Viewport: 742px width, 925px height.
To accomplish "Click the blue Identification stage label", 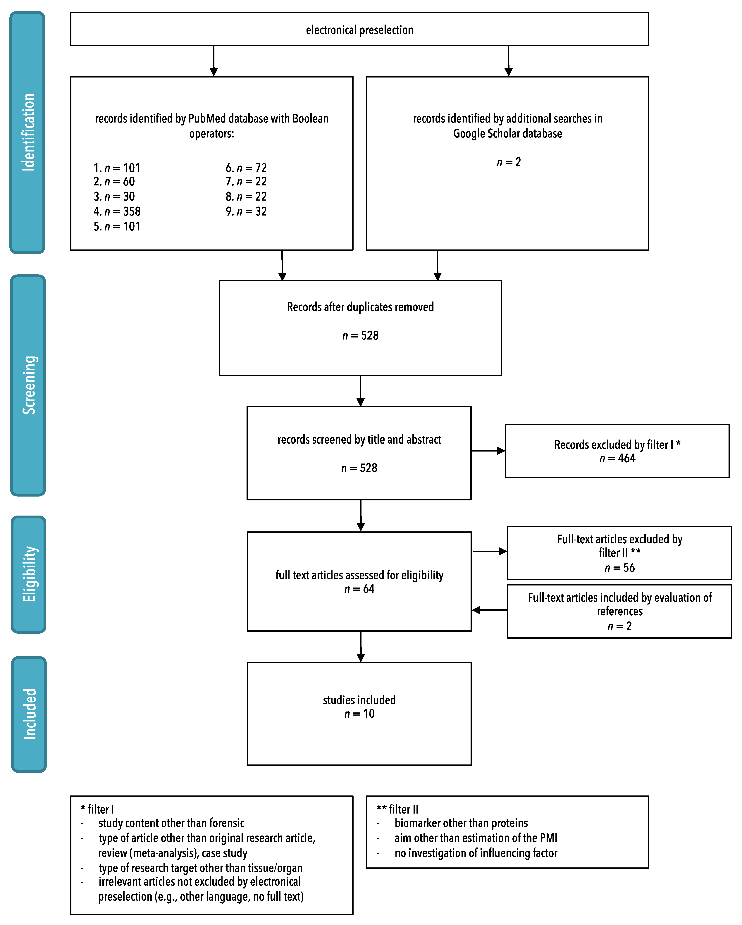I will coord(27,132).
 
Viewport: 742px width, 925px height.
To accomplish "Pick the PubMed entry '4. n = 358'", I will coord(117,211).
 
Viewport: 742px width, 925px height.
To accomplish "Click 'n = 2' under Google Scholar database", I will coord(509,162).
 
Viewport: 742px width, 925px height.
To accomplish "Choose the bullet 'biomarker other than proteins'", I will coord(461,823).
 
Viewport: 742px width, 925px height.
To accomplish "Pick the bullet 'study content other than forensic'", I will coord(171,823).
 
